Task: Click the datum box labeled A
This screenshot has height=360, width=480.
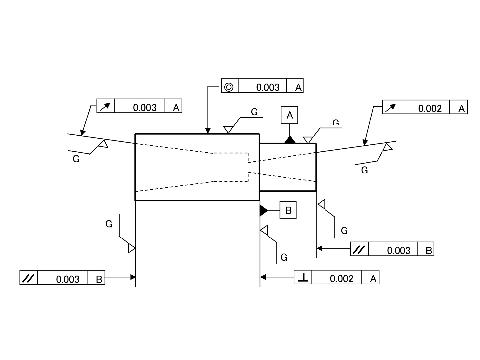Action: tap(289, 115)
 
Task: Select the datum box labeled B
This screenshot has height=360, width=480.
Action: tap(288, 210)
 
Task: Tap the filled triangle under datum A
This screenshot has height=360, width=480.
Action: tap(290, 140)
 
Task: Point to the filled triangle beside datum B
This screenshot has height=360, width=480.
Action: tap(264, 211)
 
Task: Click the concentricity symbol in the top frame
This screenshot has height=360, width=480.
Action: tap(229, 87)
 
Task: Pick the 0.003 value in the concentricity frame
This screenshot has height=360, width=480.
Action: tap(268, 87)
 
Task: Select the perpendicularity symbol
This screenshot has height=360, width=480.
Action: tap(303, 277)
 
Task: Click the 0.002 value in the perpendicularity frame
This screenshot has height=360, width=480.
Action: tap(341, 278)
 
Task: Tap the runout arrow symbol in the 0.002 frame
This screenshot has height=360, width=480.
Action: tap(390, 108)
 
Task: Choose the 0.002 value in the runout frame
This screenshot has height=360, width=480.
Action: tap(430, 108)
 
